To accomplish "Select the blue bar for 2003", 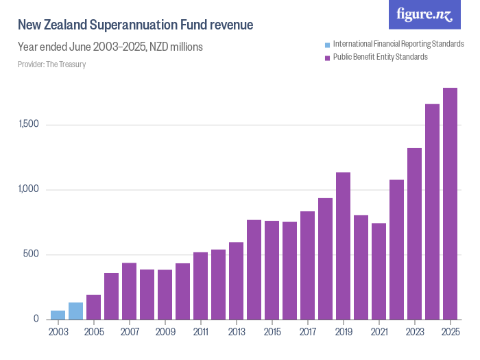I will point(58,315).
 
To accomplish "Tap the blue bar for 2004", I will point(76,311).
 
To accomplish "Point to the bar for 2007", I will point(130,291).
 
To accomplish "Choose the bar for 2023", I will point(414,234).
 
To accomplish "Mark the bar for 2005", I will point(94,307).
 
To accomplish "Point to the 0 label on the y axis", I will point(37,320).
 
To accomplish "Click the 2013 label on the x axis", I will point(236,333).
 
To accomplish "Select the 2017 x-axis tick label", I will point(307,333).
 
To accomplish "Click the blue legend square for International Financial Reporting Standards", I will point(328,45).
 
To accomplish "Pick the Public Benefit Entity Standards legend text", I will point(380,57).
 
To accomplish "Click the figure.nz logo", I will point(424,15).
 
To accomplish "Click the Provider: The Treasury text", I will point(51,64).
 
